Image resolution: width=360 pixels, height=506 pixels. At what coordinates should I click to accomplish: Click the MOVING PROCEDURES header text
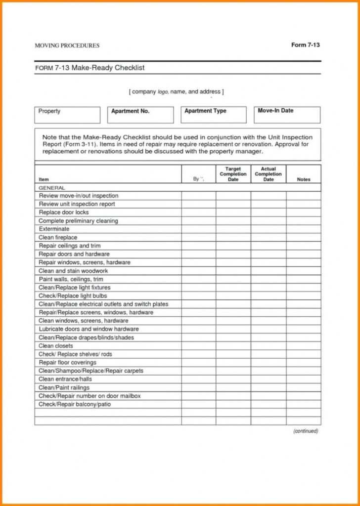[67, 45]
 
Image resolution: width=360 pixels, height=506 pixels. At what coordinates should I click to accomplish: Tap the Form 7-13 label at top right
[305, 45]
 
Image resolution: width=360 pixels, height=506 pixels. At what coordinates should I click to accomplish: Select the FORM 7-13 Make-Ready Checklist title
[90, 68]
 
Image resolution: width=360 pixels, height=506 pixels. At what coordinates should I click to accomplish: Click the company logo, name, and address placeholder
[177, 92]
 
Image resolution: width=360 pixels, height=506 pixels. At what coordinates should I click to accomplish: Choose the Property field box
[67, 115]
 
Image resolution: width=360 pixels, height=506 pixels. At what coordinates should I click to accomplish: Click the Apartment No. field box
[140, 115]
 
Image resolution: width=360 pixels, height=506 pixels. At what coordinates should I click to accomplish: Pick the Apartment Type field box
[213, 115]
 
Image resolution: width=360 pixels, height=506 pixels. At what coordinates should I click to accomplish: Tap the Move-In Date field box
[287, 115]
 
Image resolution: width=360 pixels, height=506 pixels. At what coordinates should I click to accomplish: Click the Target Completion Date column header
[233, 174]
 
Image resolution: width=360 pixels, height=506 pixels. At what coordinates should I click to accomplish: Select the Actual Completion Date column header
[268, 174]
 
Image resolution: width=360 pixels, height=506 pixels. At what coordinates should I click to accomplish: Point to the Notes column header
[303, 179]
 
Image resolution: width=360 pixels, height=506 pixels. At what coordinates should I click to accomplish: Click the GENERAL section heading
[52, 188]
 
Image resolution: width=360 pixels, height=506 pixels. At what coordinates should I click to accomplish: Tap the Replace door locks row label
[64, 212]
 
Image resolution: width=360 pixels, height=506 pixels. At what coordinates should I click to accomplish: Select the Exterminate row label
[54, 229]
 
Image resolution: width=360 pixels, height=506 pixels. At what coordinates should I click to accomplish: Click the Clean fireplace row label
[58, 238]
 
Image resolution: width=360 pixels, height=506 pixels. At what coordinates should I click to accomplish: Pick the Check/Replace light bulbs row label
[73, 296]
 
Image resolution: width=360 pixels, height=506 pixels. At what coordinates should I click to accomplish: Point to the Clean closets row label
[55, 346]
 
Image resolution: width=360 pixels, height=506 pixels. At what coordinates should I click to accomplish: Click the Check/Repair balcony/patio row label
[75, 404]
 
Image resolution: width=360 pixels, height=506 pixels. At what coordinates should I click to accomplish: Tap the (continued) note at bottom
[306, 431]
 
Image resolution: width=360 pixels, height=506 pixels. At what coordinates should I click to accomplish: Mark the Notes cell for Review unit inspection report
[303, 204]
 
